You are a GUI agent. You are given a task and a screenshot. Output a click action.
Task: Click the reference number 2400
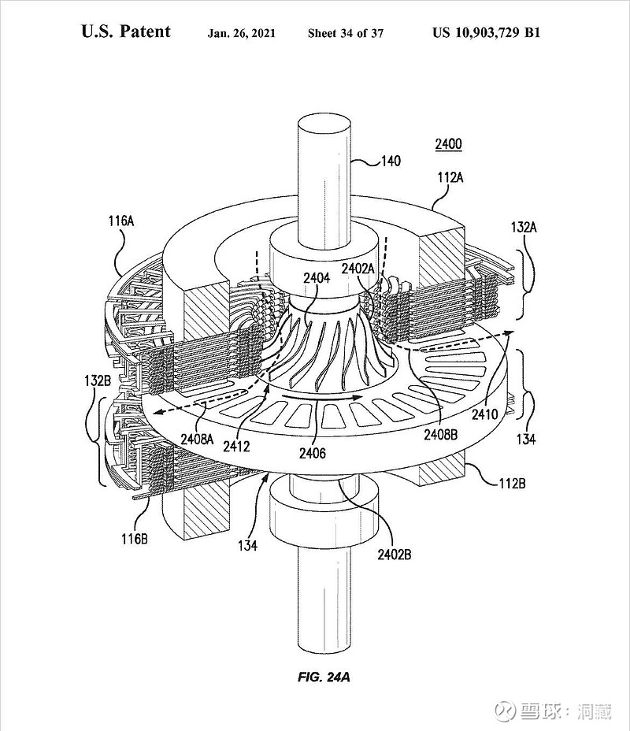(x=448, y=144)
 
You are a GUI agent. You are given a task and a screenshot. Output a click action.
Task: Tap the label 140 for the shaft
(x=391, y=161)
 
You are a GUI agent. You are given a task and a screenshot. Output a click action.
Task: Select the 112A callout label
(x=450, y=177)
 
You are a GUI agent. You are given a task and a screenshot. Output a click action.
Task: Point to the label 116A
(x=121, y=221)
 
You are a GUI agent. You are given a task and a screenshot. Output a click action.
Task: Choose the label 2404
(x=317, y=278)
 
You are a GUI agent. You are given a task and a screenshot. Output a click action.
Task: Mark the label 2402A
(x=358, y=269)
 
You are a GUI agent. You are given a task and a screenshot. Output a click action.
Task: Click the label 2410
(x=484, y=414)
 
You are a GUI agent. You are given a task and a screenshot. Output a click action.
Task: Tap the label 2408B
(x=440, y=435)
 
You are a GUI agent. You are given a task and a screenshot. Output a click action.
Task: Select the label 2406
(x=312, y=453)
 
